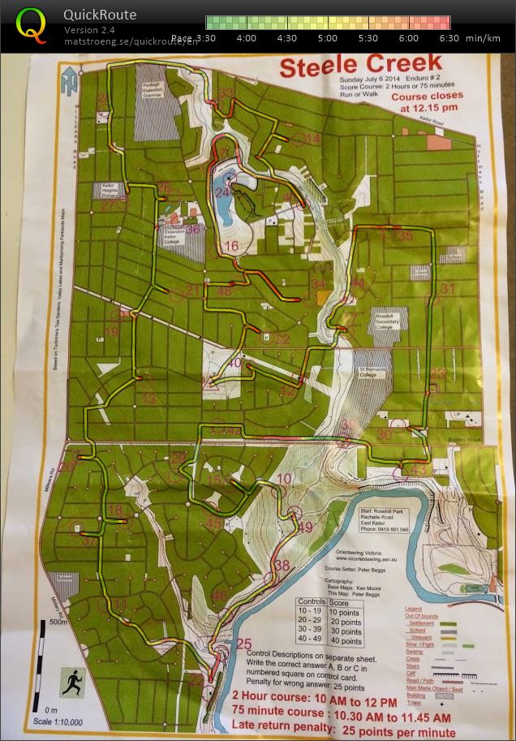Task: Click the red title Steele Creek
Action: pyautogui.click(x=360, y=64)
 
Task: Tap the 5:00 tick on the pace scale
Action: pyautogui.click(x=328, y=37)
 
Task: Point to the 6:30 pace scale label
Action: pyautogui.click(x=449, y=38)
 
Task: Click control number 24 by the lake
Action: pyautogui.click(x=223, y=192)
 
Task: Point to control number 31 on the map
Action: pyautogui.click(x=447, y=289)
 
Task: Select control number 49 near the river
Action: pyautogui.click(x=305, y=527)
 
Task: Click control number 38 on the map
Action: pyautogui.click(x=282, y=565)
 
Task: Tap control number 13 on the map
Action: pyautogui.click(x=148, y=399)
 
